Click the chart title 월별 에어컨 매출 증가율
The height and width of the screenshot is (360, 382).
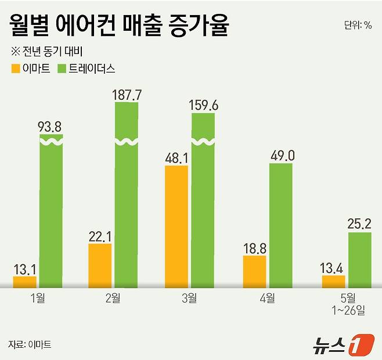pos(119,27)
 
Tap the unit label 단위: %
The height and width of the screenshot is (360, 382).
pos(358,25)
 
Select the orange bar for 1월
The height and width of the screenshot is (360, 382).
pos(24,282)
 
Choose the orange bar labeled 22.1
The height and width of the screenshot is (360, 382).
pos(100,265)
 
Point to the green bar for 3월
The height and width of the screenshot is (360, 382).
pos(203,200)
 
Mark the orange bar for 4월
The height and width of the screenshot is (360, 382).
pos(254,271)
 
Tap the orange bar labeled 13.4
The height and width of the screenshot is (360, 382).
pos(333,281)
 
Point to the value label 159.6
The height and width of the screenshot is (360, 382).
pos(204,105)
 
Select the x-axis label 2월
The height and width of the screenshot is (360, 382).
pos(113,299)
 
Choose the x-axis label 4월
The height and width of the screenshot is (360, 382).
pos(268,299)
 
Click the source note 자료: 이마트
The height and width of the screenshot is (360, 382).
pos(30,344)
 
